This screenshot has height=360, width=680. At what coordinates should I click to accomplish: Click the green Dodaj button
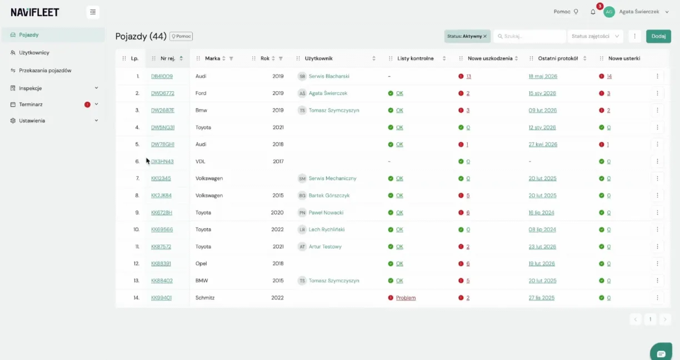point(658,36)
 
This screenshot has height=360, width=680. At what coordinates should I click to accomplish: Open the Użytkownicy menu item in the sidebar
point(34,53)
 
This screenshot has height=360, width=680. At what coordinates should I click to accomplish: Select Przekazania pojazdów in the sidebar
point(45,71)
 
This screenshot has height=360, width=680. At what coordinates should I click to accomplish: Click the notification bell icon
point(593,12)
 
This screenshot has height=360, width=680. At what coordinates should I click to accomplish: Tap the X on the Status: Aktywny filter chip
point(485,36)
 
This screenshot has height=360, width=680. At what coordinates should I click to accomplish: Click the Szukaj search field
point(530,36)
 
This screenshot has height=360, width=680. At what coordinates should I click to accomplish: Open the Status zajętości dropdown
point(595,36)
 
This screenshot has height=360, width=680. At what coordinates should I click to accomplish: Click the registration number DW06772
point(163,93)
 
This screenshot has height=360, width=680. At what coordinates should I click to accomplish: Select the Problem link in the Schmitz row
point(406,298)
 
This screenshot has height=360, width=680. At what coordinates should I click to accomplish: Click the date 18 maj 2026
point(543,76)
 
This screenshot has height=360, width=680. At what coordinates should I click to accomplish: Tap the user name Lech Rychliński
point(327,229)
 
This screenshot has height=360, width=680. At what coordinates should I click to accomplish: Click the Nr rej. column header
point(168,58)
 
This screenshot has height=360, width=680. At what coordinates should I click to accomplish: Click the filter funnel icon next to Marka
point(231,58)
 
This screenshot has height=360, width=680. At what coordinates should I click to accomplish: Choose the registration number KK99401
point(161,298)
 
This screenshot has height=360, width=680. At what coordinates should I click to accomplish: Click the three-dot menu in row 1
point(657,76)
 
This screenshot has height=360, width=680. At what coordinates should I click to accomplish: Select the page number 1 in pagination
point(650,319)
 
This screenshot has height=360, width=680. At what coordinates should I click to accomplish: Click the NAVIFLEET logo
point(35,12)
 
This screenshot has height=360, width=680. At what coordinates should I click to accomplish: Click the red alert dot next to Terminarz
point(87,104)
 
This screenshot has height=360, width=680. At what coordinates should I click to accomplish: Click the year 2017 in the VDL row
point(278,162)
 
